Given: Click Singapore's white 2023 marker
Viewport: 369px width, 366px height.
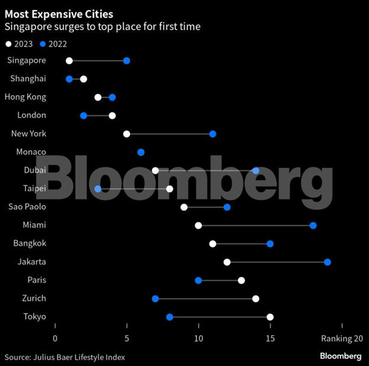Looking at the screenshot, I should pos(69,61).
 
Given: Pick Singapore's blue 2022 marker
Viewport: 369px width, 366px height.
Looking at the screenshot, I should pos(127,61).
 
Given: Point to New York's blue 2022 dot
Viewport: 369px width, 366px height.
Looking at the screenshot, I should pos(213,134).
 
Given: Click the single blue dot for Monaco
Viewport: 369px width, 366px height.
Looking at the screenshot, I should pos(141,152).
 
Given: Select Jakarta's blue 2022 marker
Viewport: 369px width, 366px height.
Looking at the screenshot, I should pos(328,262).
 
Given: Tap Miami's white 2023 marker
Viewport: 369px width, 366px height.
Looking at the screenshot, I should pos(198,226).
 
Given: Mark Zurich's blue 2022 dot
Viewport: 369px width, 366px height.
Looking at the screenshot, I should pos(155,299).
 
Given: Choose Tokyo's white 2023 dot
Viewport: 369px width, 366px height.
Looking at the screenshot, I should pos(270,317).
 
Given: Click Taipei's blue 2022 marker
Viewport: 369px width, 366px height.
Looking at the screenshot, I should pos(98,189).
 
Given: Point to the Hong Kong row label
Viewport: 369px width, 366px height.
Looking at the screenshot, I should pos(25,97).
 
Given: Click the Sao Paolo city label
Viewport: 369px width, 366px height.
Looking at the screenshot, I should pos(27,207).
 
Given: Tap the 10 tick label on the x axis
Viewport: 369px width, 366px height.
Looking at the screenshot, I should pos(198,339).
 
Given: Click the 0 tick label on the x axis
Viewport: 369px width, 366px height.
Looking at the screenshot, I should pos(55,339).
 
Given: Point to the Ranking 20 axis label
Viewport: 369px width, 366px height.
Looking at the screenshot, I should pos(341,339).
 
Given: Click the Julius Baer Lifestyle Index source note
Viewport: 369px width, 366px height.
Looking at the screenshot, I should pos(65,357).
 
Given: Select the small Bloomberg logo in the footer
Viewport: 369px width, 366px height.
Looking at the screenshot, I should pos(341,356).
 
